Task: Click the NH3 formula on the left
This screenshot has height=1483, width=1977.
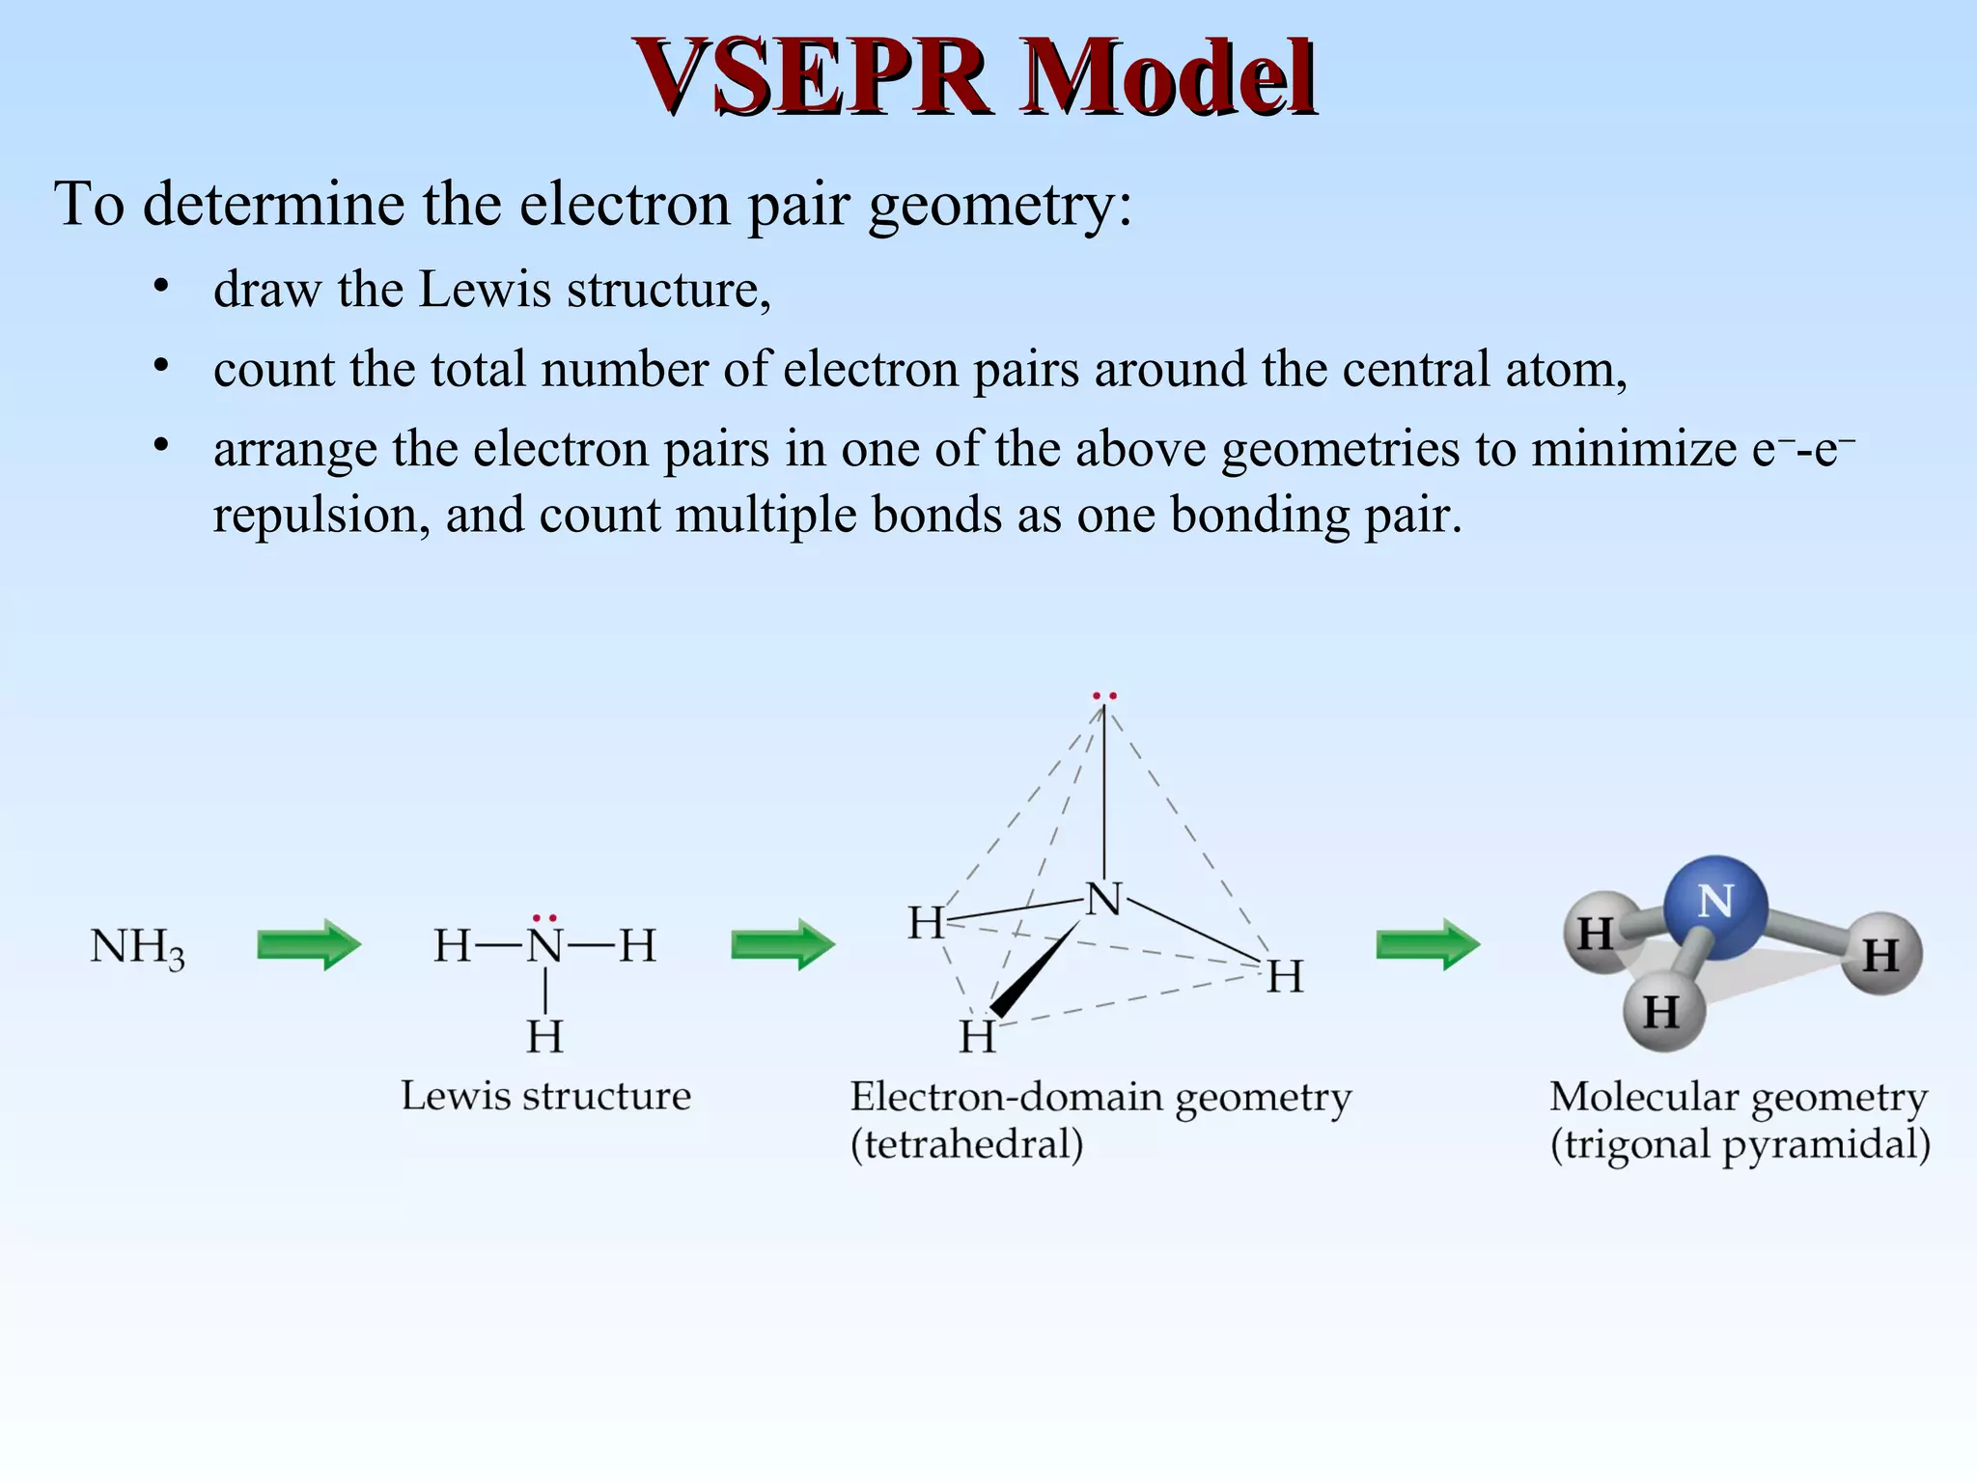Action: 136,948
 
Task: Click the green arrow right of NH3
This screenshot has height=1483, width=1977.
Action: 308,944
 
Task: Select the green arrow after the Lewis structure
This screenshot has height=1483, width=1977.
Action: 782,944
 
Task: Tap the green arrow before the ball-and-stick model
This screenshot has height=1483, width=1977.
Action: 1427,944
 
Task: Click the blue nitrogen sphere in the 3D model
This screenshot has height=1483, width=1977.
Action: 1715,906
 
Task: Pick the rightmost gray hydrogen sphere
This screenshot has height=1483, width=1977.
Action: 1880,955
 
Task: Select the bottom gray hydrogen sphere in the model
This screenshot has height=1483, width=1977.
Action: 1662,1012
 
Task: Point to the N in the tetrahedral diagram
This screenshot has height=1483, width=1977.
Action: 1103,899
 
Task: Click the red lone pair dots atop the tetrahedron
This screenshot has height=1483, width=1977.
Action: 1104,695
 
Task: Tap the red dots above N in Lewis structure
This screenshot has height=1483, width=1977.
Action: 544,918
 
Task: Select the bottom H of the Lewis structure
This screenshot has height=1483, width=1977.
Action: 544,1036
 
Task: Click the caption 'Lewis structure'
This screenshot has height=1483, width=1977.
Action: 545,1096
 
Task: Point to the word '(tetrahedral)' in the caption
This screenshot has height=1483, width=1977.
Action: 966,1144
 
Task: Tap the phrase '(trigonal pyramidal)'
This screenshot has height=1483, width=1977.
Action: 1740,1144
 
